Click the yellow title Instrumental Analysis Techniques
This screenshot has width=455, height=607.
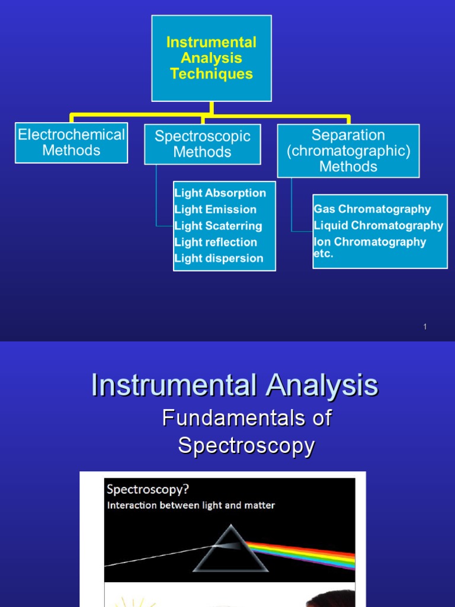[212, 58]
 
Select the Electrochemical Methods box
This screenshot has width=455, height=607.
[71, 142]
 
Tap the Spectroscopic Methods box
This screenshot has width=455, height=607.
[202, 144]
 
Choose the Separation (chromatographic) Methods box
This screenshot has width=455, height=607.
[348, 151]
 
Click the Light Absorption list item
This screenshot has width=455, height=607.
[220, 193]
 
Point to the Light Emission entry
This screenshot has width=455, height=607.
[215, 209]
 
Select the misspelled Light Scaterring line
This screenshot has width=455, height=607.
[218, 226]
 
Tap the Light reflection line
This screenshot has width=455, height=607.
[216, 242]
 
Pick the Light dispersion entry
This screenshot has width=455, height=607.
[219, 258]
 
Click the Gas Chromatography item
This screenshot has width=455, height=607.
[372, 209]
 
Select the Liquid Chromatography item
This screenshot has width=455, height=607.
[379, 225]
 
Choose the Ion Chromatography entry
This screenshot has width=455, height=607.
[370, 242]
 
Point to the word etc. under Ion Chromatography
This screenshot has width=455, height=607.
[323, 254]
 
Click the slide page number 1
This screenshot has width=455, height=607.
[425, 327]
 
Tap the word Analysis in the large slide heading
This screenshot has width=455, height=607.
[322, 386]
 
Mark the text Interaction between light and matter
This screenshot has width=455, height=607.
[191, 506]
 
